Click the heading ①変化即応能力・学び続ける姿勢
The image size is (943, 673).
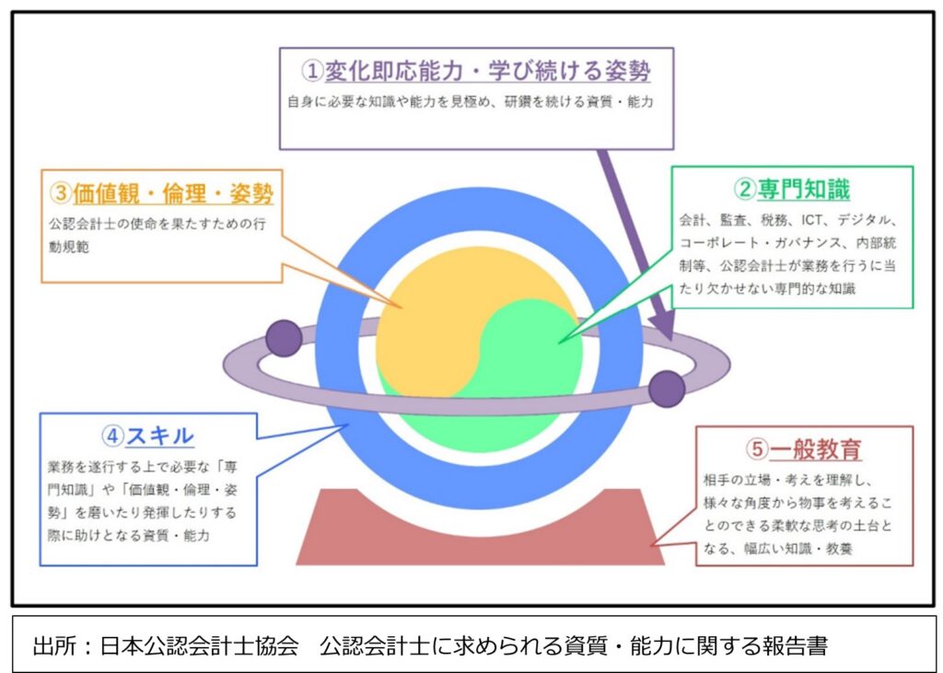[476, 71]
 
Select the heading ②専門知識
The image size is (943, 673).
[791, 190]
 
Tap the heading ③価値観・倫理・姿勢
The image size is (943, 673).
[161, 193]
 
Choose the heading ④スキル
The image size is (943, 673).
[147, 435]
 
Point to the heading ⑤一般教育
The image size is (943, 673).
[804, 448]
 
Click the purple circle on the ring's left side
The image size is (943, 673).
[284, 338]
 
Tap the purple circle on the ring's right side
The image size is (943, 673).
[667, 389]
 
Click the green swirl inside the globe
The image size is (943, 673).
[523, 373]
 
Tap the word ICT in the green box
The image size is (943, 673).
[812, 220]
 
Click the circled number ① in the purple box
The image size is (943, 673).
[312, 71]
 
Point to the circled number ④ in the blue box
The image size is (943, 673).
[112, 436]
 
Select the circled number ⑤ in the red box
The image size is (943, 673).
[757, 448]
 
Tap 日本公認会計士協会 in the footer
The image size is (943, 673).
[199, 646]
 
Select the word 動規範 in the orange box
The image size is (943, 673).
[69, 247]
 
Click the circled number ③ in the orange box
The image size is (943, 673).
[61, 193]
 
